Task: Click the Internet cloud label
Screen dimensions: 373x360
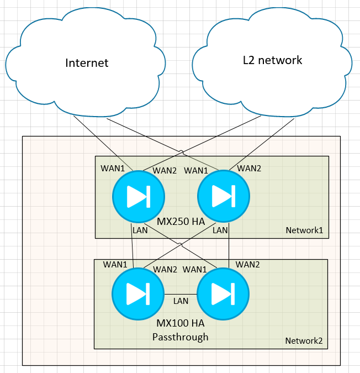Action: [87, 62]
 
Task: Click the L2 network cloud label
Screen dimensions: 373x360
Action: [273, 60]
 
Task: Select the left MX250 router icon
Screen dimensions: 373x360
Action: [138, 196]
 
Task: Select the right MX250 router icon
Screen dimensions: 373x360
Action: [224, 196]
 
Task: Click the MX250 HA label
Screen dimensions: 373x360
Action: [181, 222]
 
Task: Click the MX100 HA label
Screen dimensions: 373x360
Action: [181, 324]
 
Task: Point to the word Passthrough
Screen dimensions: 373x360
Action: [181, 337]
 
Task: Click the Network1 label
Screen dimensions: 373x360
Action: [304, 230]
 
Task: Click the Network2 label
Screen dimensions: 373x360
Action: [304, 340]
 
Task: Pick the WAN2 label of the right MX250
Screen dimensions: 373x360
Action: [248, 168]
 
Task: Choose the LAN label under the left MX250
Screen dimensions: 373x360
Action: [140, 230]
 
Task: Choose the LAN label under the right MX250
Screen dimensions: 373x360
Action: [220, 230]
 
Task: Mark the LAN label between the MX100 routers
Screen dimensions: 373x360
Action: [181, 301]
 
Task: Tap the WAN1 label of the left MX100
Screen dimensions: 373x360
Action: [115, 265]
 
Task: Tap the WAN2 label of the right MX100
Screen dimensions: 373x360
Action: [247, 265]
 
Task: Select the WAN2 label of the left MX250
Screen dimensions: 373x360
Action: [165, 170]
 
